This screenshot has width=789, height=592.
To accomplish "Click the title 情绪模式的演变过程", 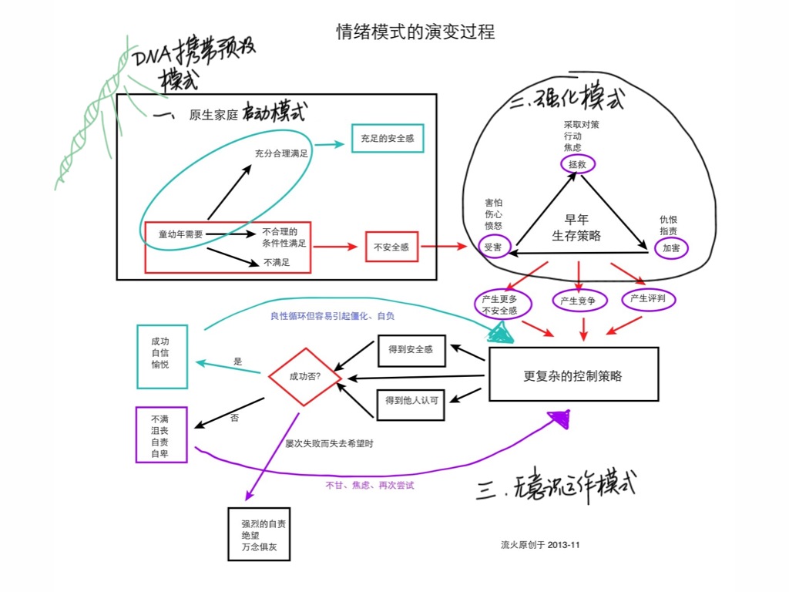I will point(415,32).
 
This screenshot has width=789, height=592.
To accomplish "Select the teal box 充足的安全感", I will point(388,139).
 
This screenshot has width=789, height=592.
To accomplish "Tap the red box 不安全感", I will point(391,247).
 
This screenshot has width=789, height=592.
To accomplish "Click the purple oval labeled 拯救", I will point(577,164).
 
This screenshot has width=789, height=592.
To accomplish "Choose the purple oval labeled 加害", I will point(671,248).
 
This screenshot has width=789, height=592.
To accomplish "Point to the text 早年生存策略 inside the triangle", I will point(576,228).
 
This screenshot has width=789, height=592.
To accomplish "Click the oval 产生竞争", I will point(579,301).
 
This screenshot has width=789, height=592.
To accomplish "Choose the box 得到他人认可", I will point(412,399).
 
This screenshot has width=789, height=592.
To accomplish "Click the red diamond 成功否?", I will point(304,377).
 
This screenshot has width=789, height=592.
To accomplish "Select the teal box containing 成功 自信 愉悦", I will point(161,356).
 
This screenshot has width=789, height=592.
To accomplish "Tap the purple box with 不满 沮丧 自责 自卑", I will point(161,435).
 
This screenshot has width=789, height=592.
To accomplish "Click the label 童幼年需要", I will point(180,234).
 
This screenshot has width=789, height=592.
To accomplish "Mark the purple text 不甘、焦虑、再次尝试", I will point(370,486).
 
